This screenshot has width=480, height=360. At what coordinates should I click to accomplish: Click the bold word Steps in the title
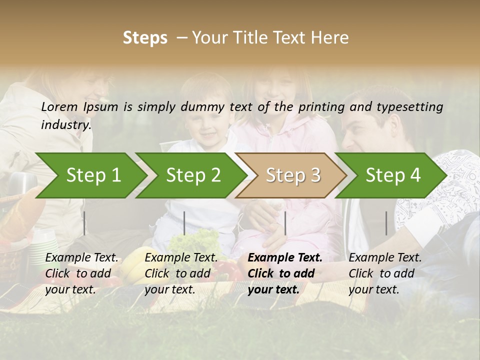145,38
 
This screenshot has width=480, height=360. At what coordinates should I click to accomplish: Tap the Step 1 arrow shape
90,175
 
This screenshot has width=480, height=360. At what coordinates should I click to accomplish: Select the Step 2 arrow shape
192,175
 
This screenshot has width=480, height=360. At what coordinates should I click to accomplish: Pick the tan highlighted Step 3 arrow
292,175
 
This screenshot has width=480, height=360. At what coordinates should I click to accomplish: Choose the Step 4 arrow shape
392,175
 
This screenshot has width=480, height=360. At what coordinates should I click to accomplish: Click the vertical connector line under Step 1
84,223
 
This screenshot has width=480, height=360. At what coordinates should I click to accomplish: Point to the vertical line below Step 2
184,223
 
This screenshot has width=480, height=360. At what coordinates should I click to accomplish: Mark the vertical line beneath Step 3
285,223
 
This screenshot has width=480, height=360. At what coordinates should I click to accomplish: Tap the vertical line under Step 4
386,223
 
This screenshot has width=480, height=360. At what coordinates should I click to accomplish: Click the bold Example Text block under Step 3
285,273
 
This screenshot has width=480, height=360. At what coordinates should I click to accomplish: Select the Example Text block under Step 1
82,273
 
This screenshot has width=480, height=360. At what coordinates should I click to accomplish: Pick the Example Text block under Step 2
181,273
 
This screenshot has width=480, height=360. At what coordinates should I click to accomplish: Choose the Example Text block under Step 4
385,273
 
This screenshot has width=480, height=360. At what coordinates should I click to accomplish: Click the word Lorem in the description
59,106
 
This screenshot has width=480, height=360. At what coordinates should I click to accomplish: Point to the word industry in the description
66,125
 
